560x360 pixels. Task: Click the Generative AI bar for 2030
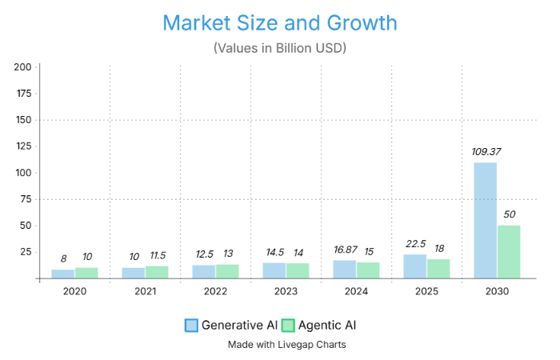tap(485, 221)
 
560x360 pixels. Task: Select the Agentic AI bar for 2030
tap(509, 252)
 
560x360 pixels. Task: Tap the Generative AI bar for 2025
tap(414, 266)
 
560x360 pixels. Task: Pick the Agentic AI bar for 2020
tap(86, 273)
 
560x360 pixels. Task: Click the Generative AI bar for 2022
tap(203, 272)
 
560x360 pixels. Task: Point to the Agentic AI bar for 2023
tap(298, 271)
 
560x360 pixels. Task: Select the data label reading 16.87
tap(345, 250)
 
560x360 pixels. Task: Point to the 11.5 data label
tap(157, 256)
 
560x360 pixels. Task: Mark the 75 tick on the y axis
tap(26, 199)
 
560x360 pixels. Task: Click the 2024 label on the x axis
tap(356, 292)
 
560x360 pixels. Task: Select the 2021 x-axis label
tap(145, 292)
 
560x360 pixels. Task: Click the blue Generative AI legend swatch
tap(191, 325)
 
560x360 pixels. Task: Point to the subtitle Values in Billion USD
tap(279, 48)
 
